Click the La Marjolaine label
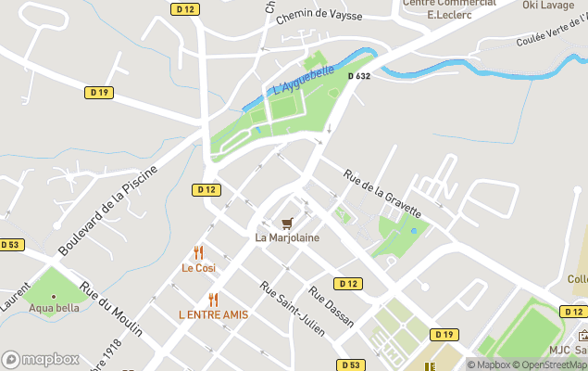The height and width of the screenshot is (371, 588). click(287, 237)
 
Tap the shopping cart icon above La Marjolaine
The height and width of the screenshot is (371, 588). click(287, 223)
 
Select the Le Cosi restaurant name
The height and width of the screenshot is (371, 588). click(198, 268)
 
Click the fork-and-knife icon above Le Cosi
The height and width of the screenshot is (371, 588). click(198, 252)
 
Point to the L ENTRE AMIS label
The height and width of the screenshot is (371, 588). click(213, 314)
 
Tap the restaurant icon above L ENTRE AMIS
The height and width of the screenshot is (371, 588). click(213, 300)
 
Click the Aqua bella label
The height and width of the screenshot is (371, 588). click(54, 308)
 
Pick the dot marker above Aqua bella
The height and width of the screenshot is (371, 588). click(54, 297)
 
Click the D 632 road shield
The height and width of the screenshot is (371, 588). click(359, 76)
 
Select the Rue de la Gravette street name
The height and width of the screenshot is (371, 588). click(382, 193)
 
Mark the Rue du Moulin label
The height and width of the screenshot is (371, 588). click(112, 310)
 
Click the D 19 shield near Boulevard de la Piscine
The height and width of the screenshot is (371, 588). click(99, 92)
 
